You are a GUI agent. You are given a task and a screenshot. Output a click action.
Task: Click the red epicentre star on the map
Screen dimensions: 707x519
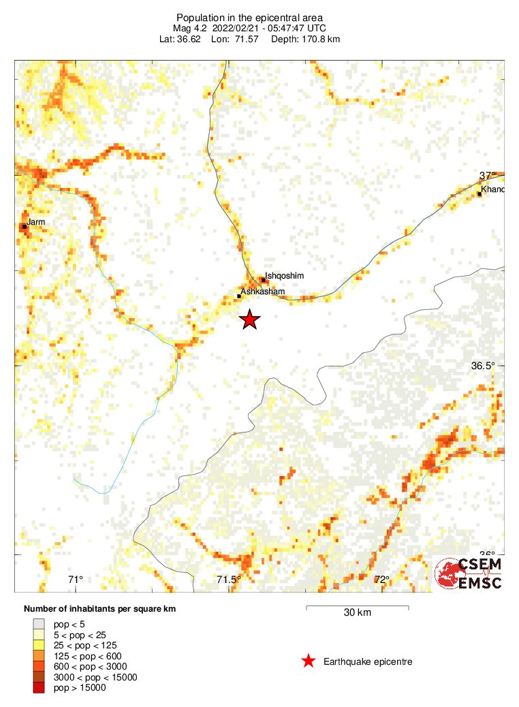click(250, 319)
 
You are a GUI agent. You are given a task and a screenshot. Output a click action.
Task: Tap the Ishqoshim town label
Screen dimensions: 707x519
click(284, 276)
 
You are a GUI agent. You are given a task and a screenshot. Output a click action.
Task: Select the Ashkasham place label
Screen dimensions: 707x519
click(262, 292)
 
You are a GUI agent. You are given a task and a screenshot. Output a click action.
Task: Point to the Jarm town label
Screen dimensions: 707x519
click(35, 222)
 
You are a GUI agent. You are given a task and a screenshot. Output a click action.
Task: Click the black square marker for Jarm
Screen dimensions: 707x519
click(25, 227)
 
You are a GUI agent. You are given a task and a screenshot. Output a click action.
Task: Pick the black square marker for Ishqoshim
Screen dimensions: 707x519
click(264, 280)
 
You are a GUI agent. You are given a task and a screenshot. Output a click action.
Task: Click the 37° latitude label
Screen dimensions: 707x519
click(487, 176)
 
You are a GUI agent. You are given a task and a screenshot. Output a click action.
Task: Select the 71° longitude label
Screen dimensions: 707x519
click(76, 580)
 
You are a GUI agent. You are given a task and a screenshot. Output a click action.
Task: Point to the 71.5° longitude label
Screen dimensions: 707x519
click(229, 580)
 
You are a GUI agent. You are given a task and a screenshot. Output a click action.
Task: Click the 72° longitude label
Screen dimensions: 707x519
click(381, 580)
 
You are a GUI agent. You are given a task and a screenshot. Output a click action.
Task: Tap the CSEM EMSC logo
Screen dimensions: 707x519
click(469, 574)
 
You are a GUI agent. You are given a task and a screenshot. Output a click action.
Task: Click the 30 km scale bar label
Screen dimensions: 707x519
click(357, 612)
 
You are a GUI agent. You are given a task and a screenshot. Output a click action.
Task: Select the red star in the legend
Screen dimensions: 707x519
click(309, 661)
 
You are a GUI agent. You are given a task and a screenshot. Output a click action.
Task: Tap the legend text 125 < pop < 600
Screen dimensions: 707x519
click(89, 655)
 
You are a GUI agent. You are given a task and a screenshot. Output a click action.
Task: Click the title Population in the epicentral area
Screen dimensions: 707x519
click(249, 17)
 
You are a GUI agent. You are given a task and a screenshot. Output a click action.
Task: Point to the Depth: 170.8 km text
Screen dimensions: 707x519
click(305, 39)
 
